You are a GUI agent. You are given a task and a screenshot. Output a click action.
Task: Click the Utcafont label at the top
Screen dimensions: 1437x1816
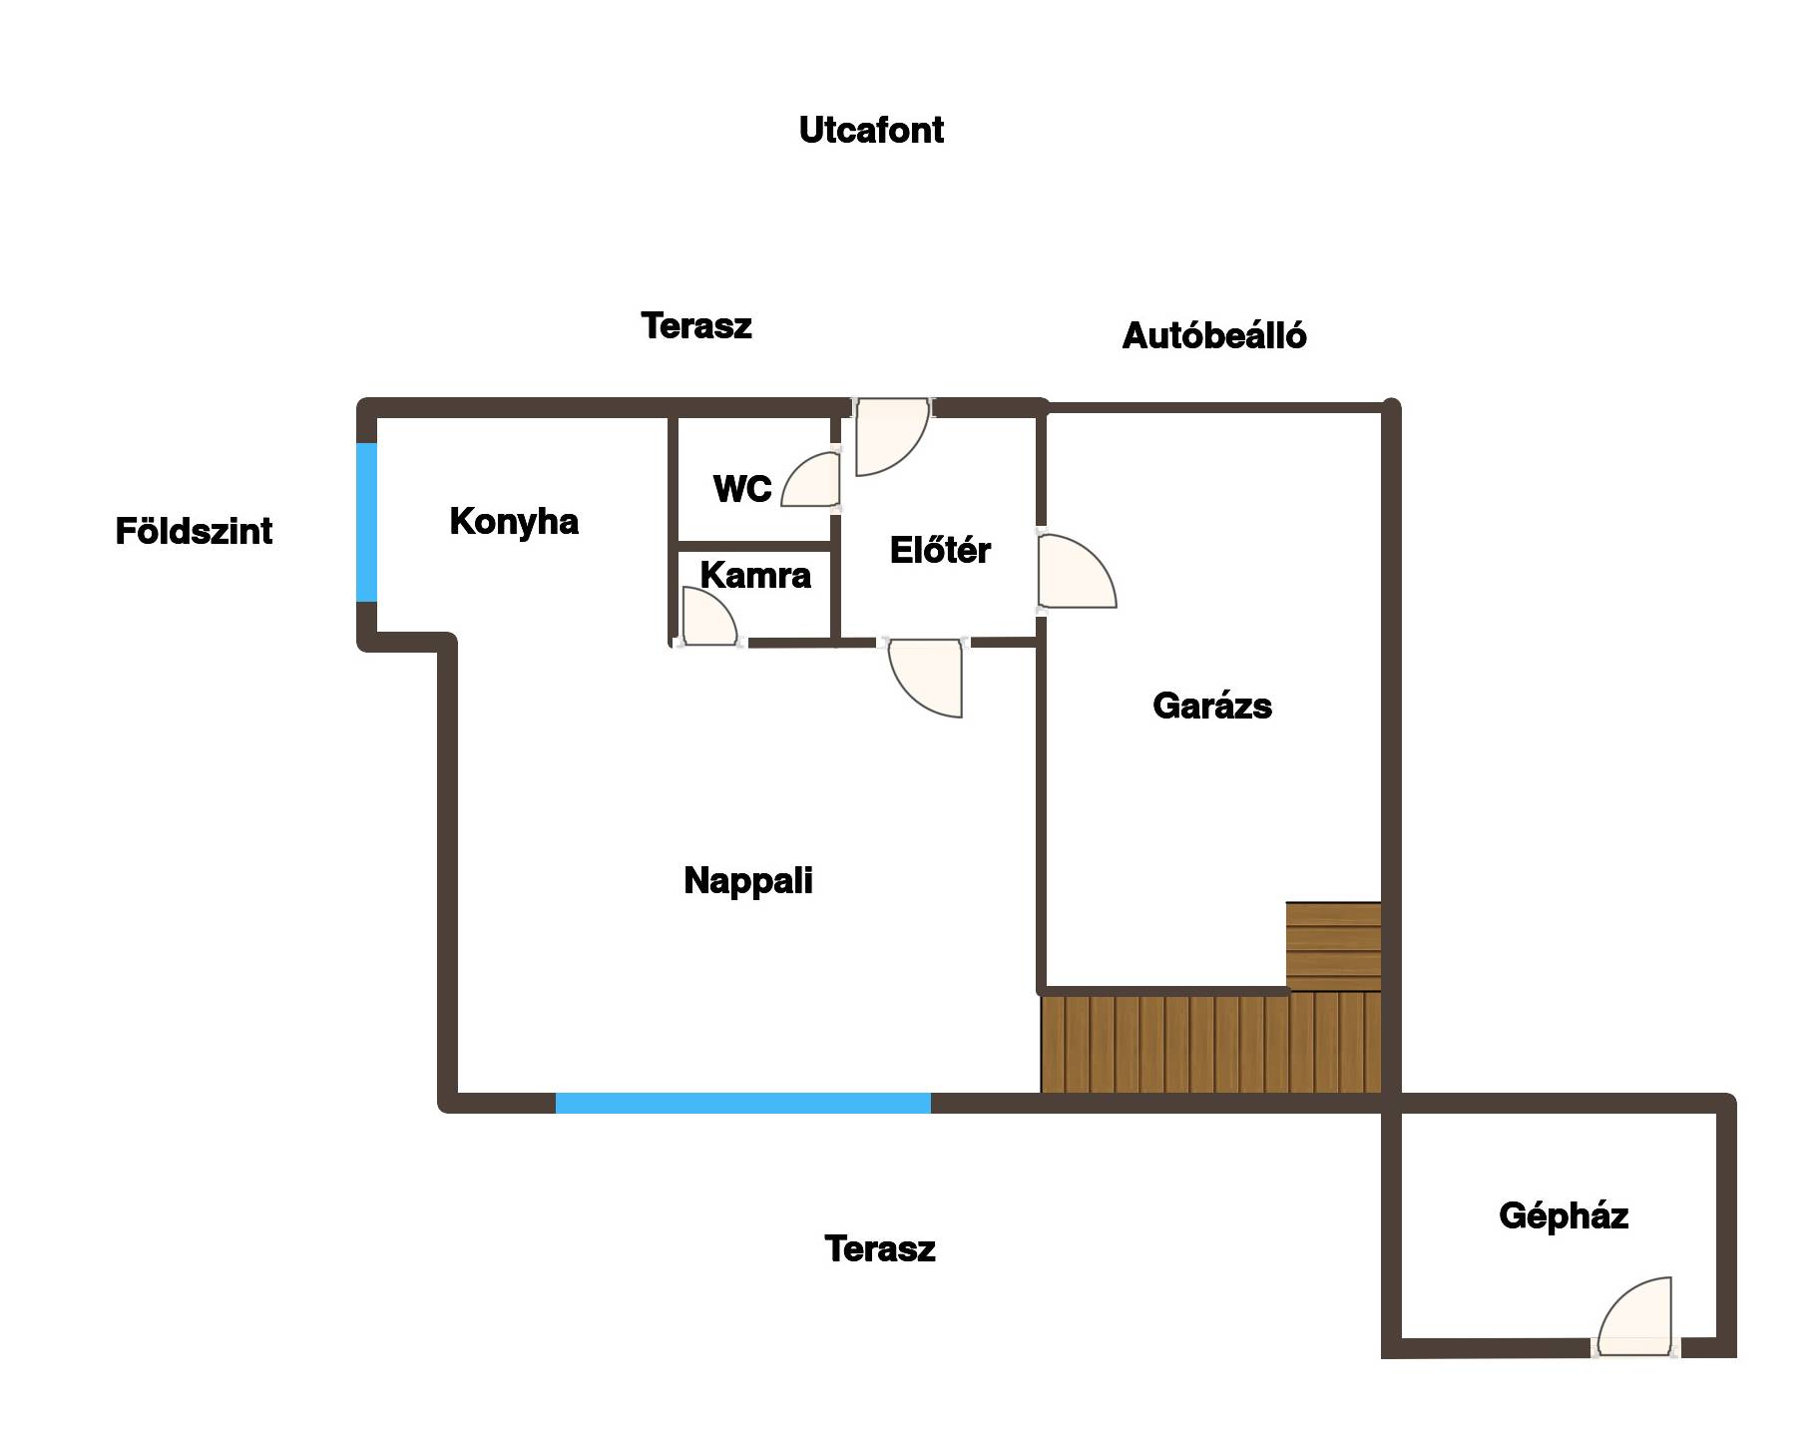(871, 131)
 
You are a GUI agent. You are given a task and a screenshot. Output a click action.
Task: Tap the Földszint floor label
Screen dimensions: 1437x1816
(194, 531)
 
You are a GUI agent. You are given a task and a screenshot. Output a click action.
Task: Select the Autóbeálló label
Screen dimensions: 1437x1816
(1213, 336)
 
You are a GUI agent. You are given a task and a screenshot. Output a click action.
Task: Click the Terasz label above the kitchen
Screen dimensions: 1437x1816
(695, 326)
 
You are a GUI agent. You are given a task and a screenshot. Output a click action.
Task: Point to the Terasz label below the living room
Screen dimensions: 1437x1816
(879, 1249)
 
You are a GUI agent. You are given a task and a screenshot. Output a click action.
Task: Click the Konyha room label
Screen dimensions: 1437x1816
(514, 522)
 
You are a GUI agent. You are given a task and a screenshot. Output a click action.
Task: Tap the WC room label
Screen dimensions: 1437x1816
(742, 489)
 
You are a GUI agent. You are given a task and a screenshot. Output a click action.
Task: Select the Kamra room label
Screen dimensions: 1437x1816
(755, 576)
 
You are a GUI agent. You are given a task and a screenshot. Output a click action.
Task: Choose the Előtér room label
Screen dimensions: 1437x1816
(940, 551)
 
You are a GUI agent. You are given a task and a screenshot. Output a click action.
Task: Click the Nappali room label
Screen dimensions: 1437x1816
(748, 881)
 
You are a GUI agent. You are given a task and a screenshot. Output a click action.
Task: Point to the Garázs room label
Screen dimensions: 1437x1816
(1211, 707)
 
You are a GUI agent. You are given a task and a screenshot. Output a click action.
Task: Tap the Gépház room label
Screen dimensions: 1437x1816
(1563, 1215)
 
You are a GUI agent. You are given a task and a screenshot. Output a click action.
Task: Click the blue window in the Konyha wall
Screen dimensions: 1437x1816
(367, 522)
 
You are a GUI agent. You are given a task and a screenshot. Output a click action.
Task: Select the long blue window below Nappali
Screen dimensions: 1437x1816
(742, 1103)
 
